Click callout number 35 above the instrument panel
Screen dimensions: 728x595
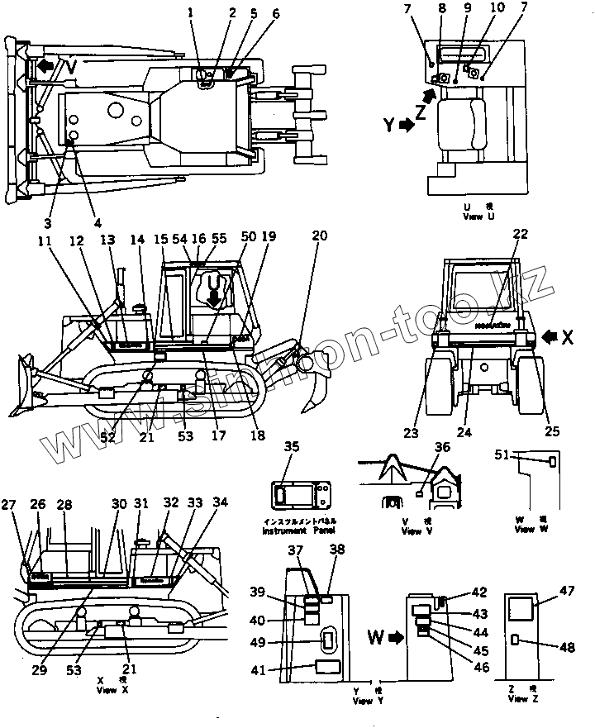click(291, 447)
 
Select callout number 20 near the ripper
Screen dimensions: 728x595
click(320, 236)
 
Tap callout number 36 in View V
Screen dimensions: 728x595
click(443, 447)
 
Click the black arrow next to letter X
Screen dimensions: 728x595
click(550, 335)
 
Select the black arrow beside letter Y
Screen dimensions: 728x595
click(405, 126)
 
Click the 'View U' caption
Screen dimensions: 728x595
click(480, 213)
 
